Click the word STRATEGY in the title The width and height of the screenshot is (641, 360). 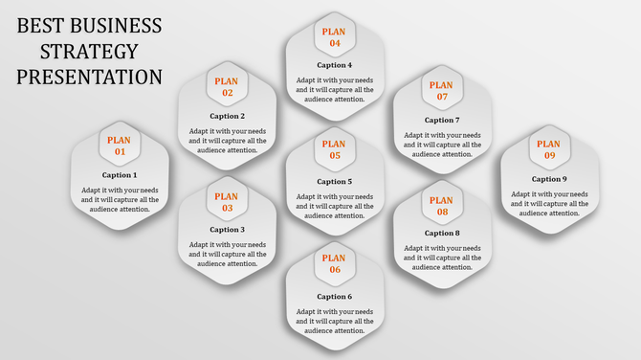(90, 51)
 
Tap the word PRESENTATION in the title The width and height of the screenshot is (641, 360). (90, 77)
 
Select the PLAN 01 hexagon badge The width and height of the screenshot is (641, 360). (120, 146)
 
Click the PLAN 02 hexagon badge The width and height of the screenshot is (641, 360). (227, 87)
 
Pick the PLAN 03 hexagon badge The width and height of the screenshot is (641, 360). (227, 202)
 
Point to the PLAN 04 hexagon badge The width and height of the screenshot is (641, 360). (334, 37)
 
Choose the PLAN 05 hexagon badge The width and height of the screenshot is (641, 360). (334, 150)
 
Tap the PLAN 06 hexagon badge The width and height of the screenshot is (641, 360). (334, 263)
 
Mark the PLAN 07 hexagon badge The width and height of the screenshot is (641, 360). (441, 91)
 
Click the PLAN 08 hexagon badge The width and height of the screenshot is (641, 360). (441, 206)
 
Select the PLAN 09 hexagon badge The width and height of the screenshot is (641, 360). (549, 149)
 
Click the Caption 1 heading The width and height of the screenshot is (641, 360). (120, 175)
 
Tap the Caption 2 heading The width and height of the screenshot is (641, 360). (227, 116)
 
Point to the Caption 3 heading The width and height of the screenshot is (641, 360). (227, 230)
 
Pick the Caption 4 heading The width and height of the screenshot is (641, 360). (334, 65)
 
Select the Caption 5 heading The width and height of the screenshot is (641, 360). (334, 181)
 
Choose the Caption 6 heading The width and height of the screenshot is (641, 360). (334, 297)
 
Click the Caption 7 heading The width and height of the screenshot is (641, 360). (441, 121)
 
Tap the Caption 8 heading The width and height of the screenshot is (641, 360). (441, 234)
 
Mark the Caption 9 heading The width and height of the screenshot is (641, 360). (549, 179)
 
